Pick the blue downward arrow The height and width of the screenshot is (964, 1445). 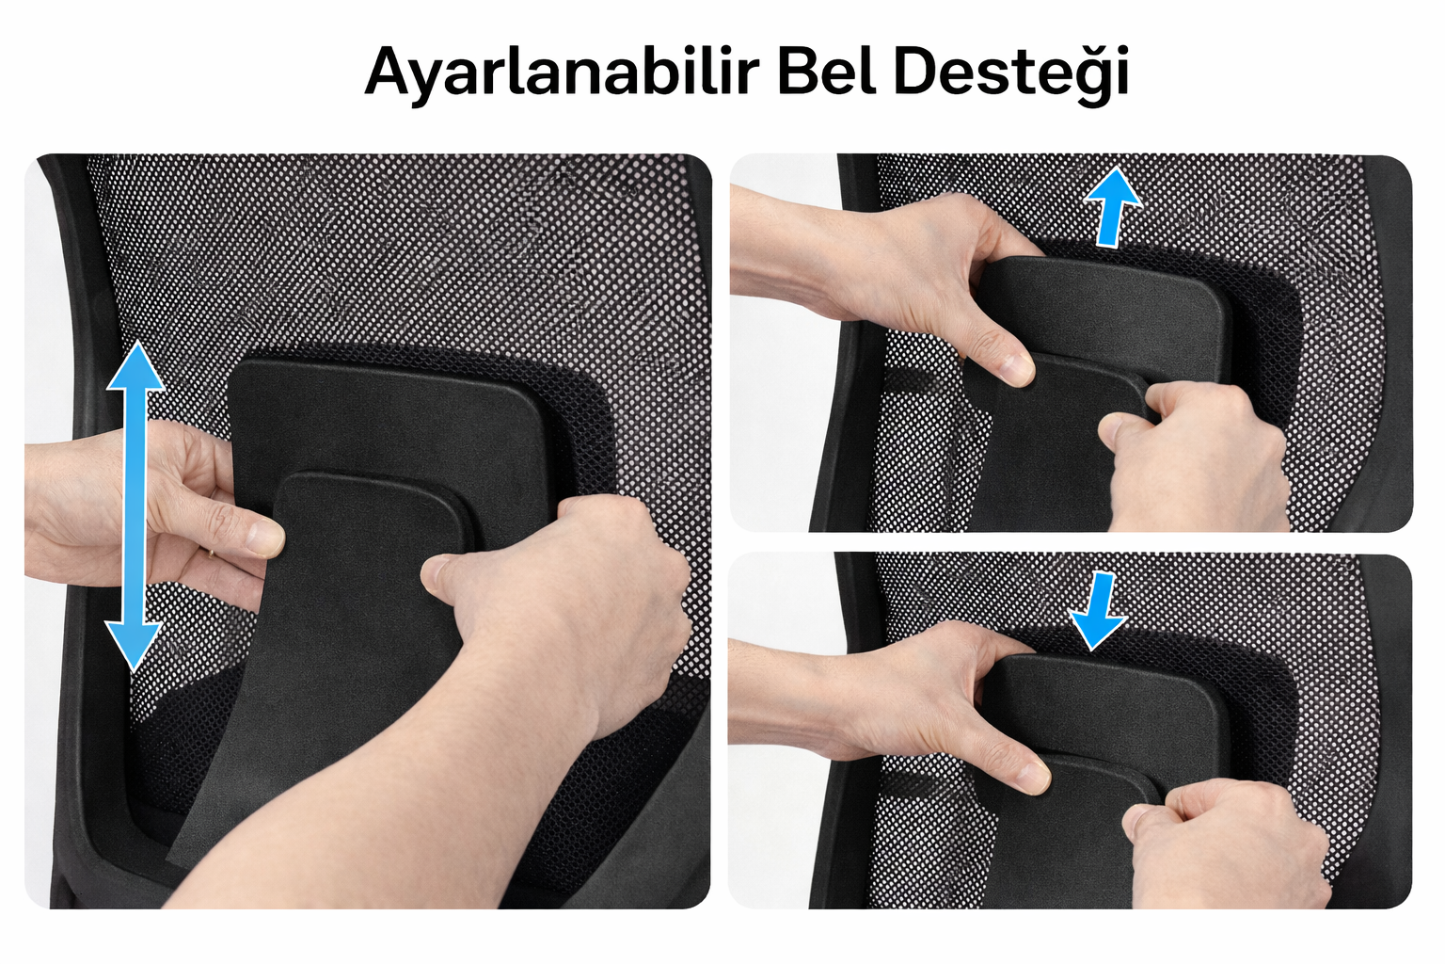[x=1097, y=611]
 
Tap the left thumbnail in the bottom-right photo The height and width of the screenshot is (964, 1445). [x=1032, y=778]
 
